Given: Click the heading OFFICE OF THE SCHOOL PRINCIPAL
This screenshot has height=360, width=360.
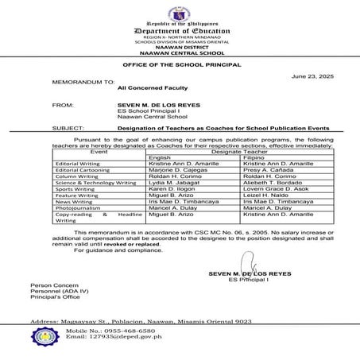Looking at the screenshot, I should pos(180,62).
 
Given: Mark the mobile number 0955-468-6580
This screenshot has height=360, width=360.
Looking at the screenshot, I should pos(122,329).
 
